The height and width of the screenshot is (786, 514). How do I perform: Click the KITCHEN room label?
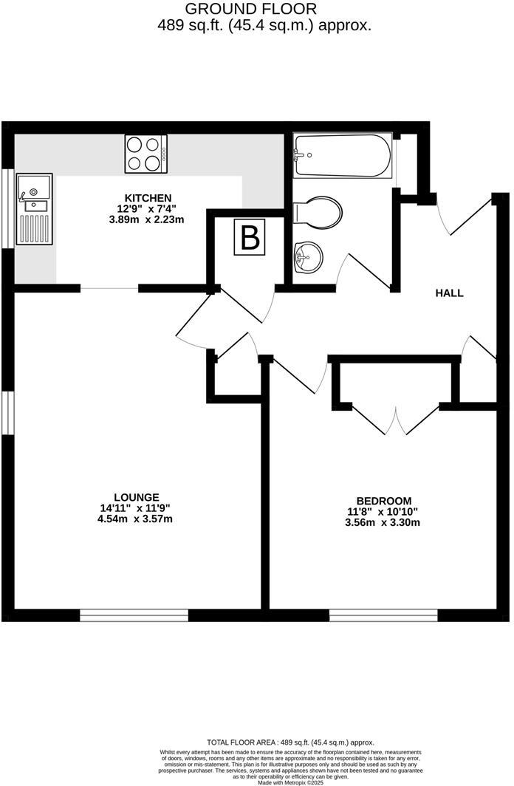tap(148, 198)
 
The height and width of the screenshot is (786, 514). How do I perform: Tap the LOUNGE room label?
tap(137, 496)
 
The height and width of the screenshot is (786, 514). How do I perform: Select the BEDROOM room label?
tap(383, 500)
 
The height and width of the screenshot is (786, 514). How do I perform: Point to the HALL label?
tap(449, 293)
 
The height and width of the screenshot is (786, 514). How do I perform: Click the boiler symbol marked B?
tap(250, 239)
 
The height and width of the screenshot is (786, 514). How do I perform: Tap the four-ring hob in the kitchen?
tap(146, 154)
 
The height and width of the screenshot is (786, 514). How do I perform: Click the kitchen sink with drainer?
tap(35, 209)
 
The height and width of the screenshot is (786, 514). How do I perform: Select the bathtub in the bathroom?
tap(341, 155)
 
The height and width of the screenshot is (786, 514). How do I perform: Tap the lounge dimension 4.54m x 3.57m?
tap(137, 519)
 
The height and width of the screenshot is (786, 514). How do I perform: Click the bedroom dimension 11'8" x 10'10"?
tap(383, 511)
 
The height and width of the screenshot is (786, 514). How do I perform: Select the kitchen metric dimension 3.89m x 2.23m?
tap(148, 219)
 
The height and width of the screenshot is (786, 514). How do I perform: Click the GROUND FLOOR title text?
tap(250, 9)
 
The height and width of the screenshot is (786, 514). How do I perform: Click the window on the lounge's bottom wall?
tap(134, 615)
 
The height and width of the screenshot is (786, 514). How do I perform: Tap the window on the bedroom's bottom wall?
tap(383, 615)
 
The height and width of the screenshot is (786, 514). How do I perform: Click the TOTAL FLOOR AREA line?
tap(289, 742)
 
